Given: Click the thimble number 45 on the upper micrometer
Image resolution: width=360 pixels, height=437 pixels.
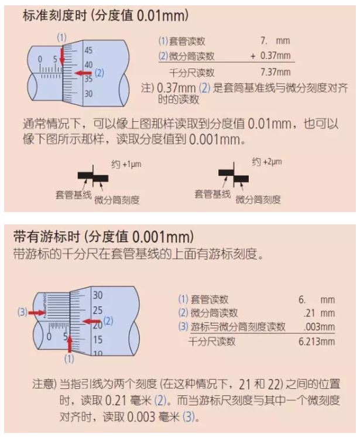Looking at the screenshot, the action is pyautogui.click(x=88, y=50).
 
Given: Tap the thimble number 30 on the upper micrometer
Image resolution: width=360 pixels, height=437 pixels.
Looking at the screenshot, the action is pyautogui.click(x=88, y=93).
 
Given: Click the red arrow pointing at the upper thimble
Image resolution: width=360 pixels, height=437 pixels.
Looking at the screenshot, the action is pyautogui.click(x=83, y=73).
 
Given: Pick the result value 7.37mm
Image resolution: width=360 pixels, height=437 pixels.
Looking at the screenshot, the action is pyautogui.click(x=275, y=72).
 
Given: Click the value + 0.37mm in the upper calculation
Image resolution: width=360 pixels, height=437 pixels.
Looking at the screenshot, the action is pyautogui.click(x=270, y=56).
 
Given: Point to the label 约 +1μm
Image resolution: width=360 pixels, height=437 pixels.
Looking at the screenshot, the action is pyautogui.click(x=126, y=164).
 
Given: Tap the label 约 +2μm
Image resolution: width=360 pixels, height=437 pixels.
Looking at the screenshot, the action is pyautogui.click(x=267, y=162).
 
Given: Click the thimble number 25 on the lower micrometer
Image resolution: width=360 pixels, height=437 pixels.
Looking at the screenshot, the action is pyautogui.click(x=98, y=310).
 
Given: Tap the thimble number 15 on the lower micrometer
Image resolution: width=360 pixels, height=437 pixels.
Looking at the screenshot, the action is pyautogui.click(x=98, y=339).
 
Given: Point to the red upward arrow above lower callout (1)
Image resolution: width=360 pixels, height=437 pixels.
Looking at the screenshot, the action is pyautogui.click(x=70, y=344).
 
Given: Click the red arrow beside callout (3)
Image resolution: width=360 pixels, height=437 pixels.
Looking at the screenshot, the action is pyautogui.click(x=37, y=313).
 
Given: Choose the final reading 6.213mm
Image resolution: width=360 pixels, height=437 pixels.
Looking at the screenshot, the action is pyautogui.click(x=317, y=342).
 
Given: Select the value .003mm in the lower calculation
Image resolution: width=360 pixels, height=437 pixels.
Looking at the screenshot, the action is pyautogui.click(x=319, y=326).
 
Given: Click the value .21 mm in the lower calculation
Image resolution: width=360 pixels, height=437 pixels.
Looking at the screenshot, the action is pyautogui.click(x=319, y=313).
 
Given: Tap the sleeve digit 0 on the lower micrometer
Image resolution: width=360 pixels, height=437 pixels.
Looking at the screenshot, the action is pyautogui.click(x=49, y=337).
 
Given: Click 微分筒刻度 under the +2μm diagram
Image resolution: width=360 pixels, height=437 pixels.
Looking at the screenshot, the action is pyautogui.click(x=258, y=200).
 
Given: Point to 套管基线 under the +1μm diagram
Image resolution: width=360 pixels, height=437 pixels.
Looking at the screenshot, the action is pyautogui.click(x=74, y=194).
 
